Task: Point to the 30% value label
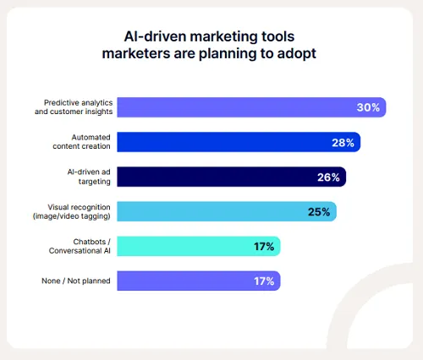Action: [368, 107]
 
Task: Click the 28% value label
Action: [343, 142]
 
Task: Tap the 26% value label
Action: [329, 177]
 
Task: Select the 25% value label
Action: [319, 211]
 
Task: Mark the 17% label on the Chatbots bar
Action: [263, 246]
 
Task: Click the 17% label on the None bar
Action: [263, 281]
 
